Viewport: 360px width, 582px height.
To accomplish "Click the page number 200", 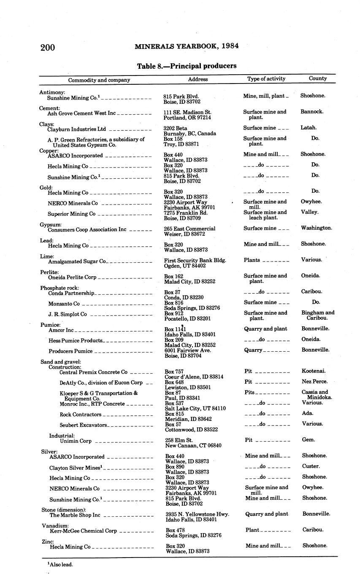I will [48, 47].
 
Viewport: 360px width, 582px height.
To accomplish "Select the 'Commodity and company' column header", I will [99, 80].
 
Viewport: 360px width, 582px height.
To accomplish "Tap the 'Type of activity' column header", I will [266, 78].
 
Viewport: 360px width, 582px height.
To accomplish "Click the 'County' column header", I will [318, 78].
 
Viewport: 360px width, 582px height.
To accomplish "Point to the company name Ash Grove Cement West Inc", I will [81, 113].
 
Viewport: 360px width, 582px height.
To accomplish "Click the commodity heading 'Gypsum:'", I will [51, 224].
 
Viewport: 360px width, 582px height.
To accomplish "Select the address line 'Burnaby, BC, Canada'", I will [190, 133].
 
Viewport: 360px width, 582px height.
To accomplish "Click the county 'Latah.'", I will [309, 127].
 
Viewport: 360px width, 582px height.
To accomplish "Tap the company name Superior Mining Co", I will [71, 214].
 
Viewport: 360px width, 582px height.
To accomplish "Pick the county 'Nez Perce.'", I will [314, 382].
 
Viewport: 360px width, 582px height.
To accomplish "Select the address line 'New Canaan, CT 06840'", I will [193, 445].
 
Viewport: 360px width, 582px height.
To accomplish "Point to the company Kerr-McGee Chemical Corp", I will [83, 531].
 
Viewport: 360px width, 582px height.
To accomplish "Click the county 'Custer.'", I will [311, 466].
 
